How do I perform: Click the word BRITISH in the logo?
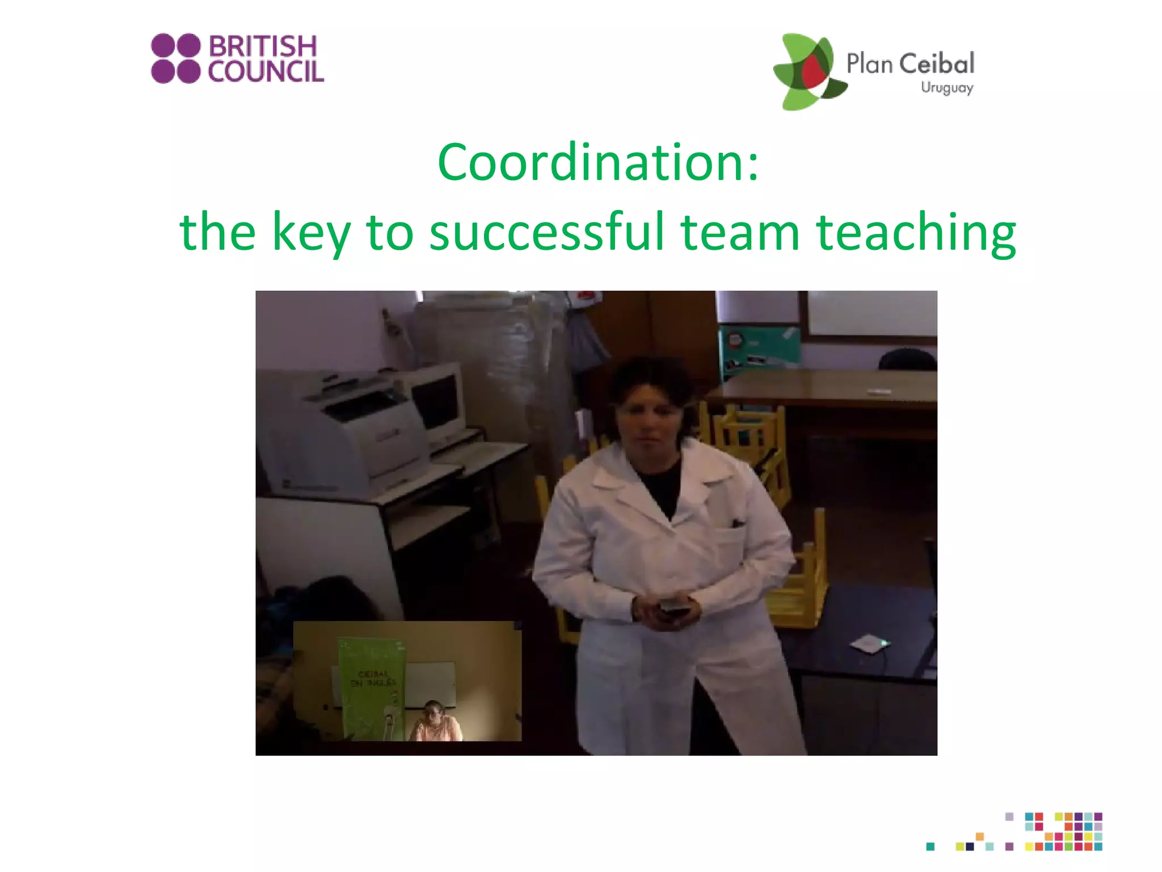[263, 46]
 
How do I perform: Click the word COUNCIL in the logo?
[266, 72]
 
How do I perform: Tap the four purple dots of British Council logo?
[176, 58]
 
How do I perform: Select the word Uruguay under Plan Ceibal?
[947, 88]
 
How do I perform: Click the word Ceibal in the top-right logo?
[937, 64]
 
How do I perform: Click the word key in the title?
[311, 232]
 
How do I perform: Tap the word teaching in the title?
[916, 232]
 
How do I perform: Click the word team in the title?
[740, 232]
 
